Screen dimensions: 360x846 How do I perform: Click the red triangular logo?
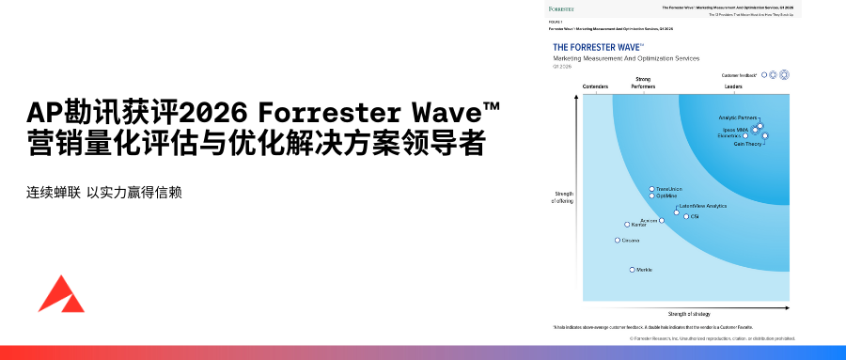pyautogui.click(x=61, y=295)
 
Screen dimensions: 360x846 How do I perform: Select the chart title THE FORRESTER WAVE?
pyautogui.click(x=597, y=46)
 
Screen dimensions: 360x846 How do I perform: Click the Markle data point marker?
pyautogui.click(x=632, y=270)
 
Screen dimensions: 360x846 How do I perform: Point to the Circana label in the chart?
pyautogui.click(x=631, y=241)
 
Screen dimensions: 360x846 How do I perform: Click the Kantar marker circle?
pyautogui.click(x=627, y=225)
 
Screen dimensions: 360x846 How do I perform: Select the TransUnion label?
pyautogui.click(x=668, y=189)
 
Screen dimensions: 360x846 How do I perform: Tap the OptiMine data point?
pyautogui.click(x=651, y=196)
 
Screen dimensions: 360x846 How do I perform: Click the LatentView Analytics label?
pyautogui.click(x=702, y=206)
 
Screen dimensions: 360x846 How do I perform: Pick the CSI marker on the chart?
pyautogui.click(x=685, y=217)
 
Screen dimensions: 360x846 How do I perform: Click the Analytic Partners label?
pyautogui.click(x=737, y=117)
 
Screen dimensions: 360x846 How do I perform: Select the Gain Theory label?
pyautogui.click(x=747, y=144)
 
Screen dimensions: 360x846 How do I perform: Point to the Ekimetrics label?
pyautogui.click(x=729, y=136)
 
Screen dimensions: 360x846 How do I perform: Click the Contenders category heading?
pyautogui.click(x=596, y=86)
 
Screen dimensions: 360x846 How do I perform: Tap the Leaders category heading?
pyautogui.click(x=732, y=86)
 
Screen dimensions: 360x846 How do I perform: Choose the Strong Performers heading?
pyautogui.click(x=644, y=84)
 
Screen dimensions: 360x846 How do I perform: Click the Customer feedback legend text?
pyautogui.click(x=739, y=74)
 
